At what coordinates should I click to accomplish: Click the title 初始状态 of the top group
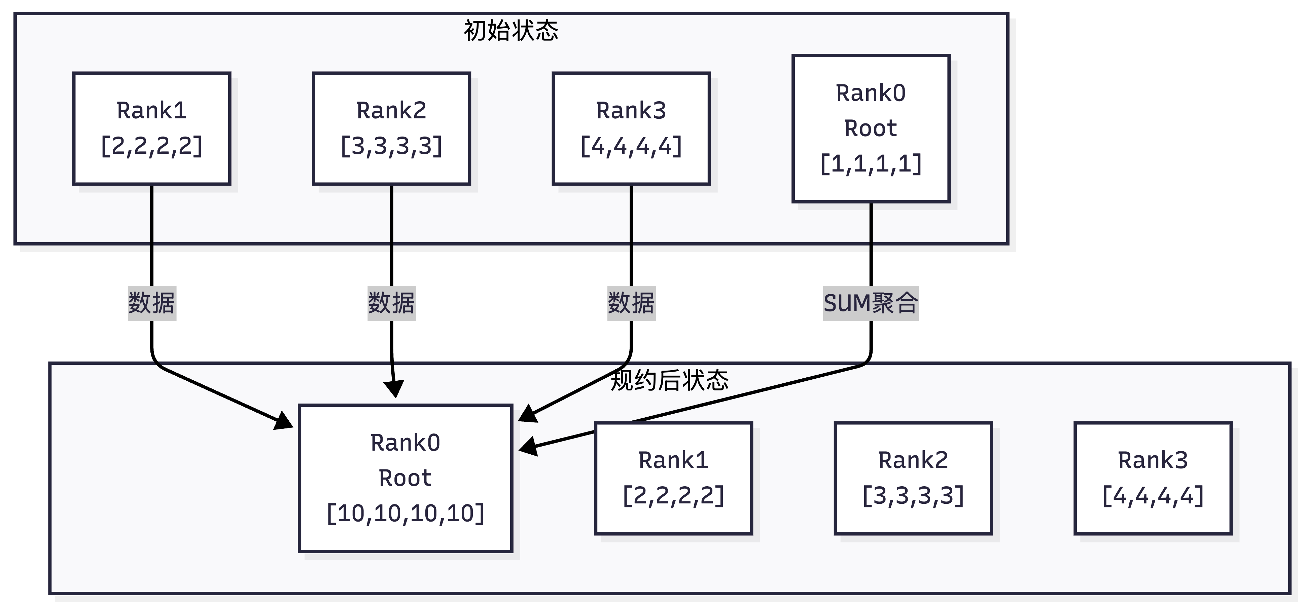pos(510,30)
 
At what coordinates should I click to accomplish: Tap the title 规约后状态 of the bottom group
pos(669,380)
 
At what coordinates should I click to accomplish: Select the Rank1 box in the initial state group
pos(151,128)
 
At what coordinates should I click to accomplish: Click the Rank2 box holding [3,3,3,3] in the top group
pos(391,128)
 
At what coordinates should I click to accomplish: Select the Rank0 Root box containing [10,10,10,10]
pos(405,478)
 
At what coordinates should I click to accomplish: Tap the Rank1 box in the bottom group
pos(673,478)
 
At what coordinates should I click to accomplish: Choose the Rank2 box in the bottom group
pos(913,478)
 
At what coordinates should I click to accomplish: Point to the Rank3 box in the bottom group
pos(1153,478)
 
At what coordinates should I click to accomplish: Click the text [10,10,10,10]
pos(405,513)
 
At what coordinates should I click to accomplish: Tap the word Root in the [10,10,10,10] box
pos(405,478)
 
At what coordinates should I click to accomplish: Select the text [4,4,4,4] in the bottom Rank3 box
pos(1153,496)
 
